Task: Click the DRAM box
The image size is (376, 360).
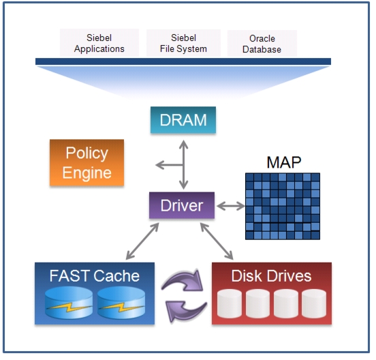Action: coord(183,120)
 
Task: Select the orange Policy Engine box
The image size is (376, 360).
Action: coord(87,163)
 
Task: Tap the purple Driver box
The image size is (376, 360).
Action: coord(182,205)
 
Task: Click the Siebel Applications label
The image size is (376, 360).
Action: coord(99,43)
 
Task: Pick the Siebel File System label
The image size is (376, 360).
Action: coord(183,43)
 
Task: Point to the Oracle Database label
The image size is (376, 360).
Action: coord(262,44)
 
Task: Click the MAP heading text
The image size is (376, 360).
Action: coord(284,162)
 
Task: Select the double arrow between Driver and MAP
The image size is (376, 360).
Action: coord(231,206)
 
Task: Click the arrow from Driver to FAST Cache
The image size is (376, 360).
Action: coord(142,241)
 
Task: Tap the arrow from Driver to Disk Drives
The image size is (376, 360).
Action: coord(217,241)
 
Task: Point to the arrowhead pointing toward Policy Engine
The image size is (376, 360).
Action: coord(160,165)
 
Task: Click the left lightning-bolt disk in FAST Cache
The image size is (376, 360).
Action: coord(69,303)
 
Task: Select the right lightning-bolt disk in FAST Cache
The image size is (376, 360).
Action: coord(121,303)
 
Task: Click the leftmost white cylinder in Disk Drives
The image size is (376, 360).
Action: coord(230,303)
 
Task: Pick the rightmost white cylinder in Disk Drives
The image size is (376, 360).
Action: coord(314,303)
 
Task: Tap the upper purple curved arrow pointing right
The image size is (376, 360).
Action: coord(183,281)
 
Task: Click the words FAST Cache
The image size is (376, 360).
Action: coord(95,275)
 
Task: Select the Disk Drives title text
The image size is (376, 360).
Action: coord(271,275)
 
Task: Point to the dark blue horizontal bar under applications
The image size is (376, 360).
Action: coord(183,61)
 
